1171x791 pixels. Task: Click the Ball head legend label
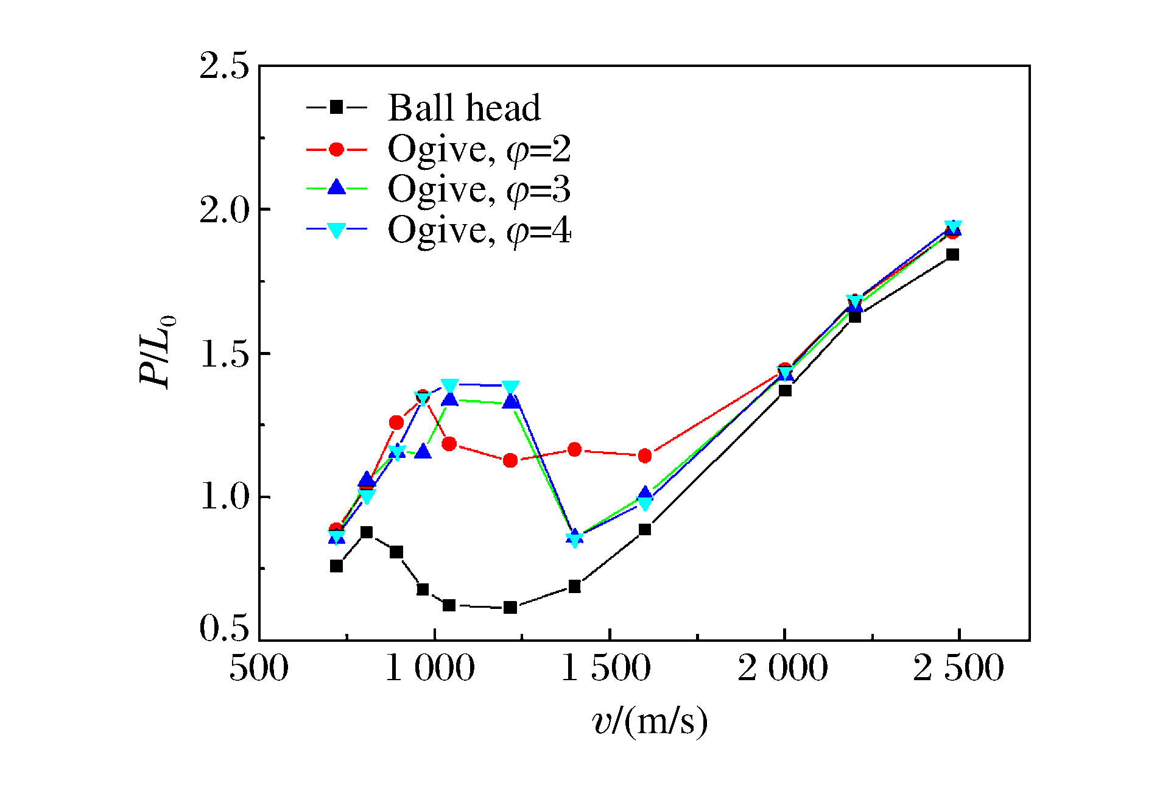coord(464,108)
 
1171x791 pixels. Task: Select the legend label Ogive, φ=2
coord(479,149)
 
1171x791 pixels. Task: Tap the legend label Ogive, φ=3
coord(479,189)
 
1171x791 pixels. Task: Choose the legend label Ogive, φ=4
coord(479,230)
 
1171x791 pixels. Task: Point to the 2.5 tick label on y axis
coord(224,66)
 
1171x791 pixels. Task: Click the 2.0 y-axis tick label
coord(224,210)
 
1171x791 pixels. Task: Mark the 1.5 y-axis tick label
coord(224,354)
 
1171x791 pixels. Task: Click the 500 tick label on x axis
coord(259,668)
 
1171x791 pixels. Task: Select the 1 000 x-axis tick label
coord(431,668)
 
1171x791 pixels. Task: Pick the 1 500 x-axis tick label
coord(606,668)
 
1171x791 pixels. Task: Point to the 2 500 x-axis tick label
coord(958,668)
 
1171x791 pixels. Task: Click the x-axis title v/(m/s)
coord(650,722)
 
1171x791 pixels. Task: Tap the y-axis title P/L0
coord(156,351)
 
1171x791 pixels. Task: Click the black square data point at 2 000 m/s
coord(785,390)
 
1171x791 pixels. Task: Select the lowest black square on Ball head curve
coord(510,607)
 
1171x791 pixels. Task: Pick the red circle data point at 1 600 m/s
coord(645,455)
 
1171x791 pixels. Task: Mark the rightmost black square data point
coord(953,255)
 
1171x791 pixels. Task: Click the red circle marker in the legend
coord(336,149)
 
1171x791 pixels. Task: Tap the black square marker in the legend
coord(336,108)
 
